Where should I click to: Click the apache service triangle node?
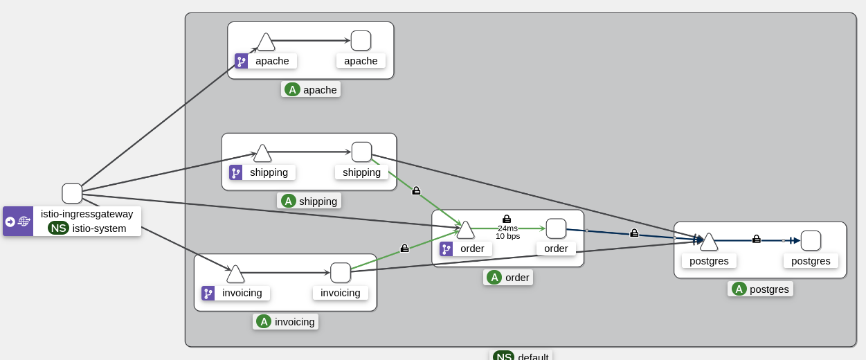pyautogui.click(x=266, y=42)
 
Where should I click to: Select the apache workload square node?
pyautogui.click(x=361, y=41)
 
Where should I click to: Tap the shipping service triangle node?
pyautogui.click(x=262, y=154)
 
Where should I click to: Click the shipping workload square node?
pyautogui.click(x=361, y=152)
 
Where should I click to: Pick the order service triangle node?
pyautogui.click(x=466, y=230)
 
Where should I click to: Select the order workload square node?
pyautogui.click(x=556, y=228)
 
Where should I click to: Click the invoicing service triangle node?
pyautogui.click(x=235, y=274)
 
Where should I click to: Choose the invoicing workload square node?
pyautogui.click(x=341, y=273)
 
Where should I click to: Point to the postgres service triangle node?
pyautogui.click(x=709, y=242)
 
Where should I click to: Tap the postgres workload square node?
pyautogui.click(x=811, y=241)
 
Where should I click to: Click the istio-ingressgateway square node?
pyautogui.click(x=72, y=194)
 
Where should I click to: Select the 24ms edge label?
pyautogui.click(x=507, y=228)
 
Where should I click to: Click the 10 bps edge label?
pyautogui.click(x=507, y=236)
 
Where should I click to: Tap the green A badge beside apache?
pyautogui.click(x=292, y=89)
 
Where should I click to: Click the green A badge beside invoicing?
pyautogui.click(x=264, y=321)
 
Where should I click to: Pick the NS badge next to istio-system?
pyautogui.click(x=58, y=228)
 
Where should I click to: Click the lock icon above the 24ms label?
pyautogui.click(x=507, y=219)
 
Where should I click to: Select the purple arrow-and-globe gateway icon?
pyautogui.click(x=18, y=222)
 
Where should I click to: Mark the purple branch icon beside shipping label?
pyautogui.click(x=235, y=172)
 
